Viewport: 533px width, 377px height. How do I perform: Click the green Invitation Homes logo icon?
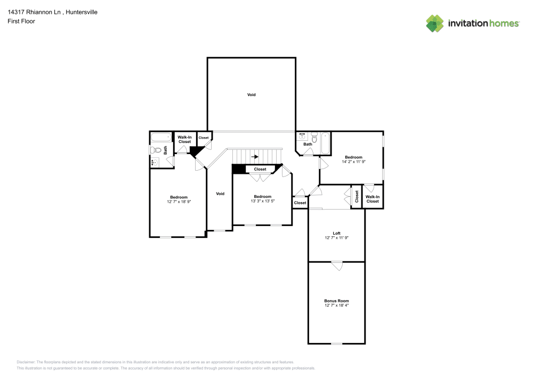[434, 23]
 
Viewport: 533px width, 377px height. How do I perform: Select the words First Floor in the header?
[21, 21]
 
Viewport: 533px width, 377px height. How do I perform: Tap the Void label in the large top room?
[251, 95]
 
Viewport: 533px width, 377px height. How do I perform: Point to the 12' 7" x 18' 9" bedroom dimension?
[179, 202]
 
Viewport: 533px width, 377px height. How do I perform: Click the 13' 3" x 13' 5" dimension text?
[262, 201]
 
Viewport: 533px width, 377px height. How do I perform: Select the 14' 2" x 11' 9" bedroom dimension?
[353, 162]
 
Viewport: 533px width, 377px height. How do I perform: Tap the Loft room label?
[336, 233]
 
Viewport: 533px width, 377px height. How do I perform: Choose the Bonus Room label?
[336, 301]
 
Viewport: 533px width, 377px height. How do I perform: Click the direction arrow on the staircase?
[255, 157]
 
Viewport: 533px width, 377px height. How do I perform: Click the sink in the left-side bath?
[155, 162]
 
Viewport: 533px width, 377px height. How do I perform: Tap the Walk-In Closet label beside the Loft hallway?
[373, 199]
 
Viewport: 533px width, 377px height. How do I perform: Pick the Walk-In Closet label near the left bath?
[184, 140]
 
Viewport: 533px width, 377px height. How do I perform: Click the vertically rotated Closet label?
[357, 196]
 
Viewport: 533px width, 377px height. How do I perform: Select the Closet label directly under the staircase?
[260, 169]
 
